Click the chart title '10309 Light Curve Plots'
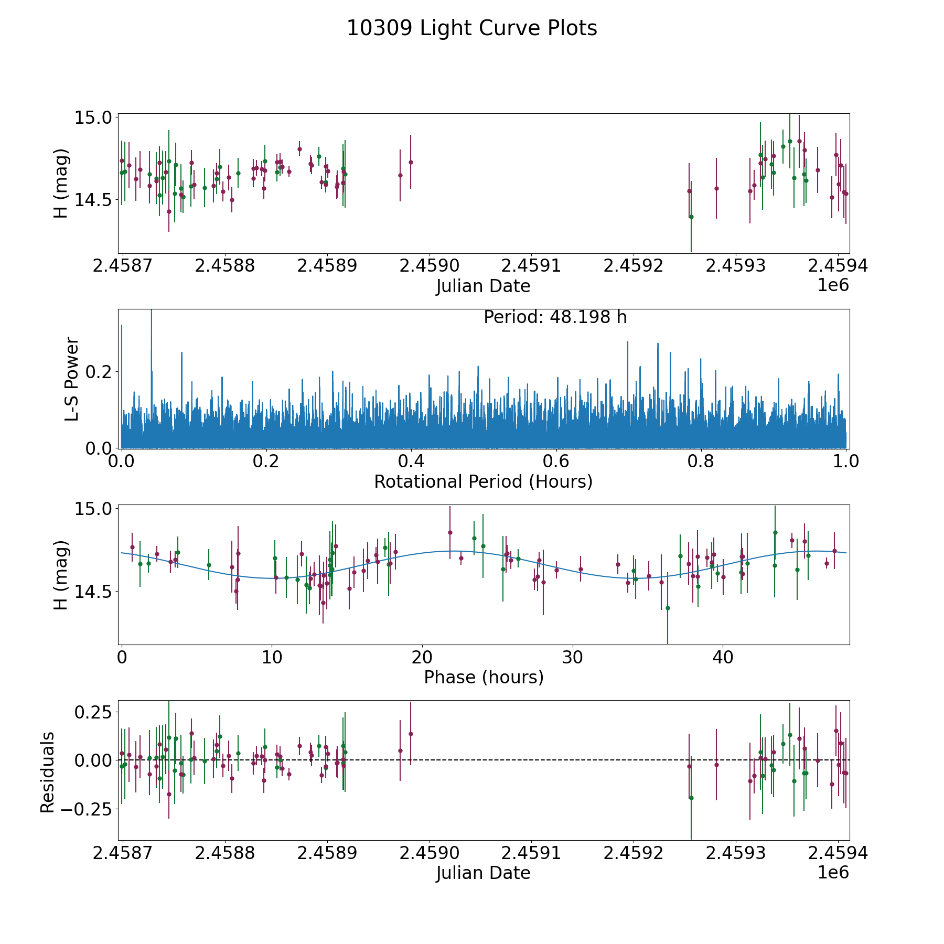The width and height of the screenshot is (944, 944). click(471, 28)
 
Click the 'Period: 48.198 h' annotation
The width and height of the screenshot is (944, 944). click(555, 317)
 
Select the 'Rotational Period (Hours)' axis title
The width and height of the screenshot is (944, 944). click(483, 481)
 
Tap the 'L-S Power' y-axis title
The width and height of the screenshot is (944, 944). click(72, 379)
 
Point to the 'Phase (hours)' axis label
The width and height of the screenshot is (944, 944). click(483, 677)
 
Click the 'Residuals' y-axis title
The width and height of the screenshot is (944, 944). click(48, 772)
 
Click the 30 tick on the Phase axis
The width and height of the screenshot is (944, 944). click(573, 657)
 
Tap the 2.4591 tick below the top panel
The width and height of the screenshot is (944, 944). click(531, 266)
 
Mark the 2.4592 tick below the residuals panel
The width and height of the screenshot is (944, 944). click(633, 853)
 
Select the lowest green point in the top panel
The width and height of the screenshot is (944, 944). click(691, 217)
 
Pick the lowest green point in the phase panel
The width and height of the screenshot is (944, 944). click(668, 608)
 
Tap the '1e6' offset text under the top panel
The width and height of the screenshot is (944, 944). click(833, 285)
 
